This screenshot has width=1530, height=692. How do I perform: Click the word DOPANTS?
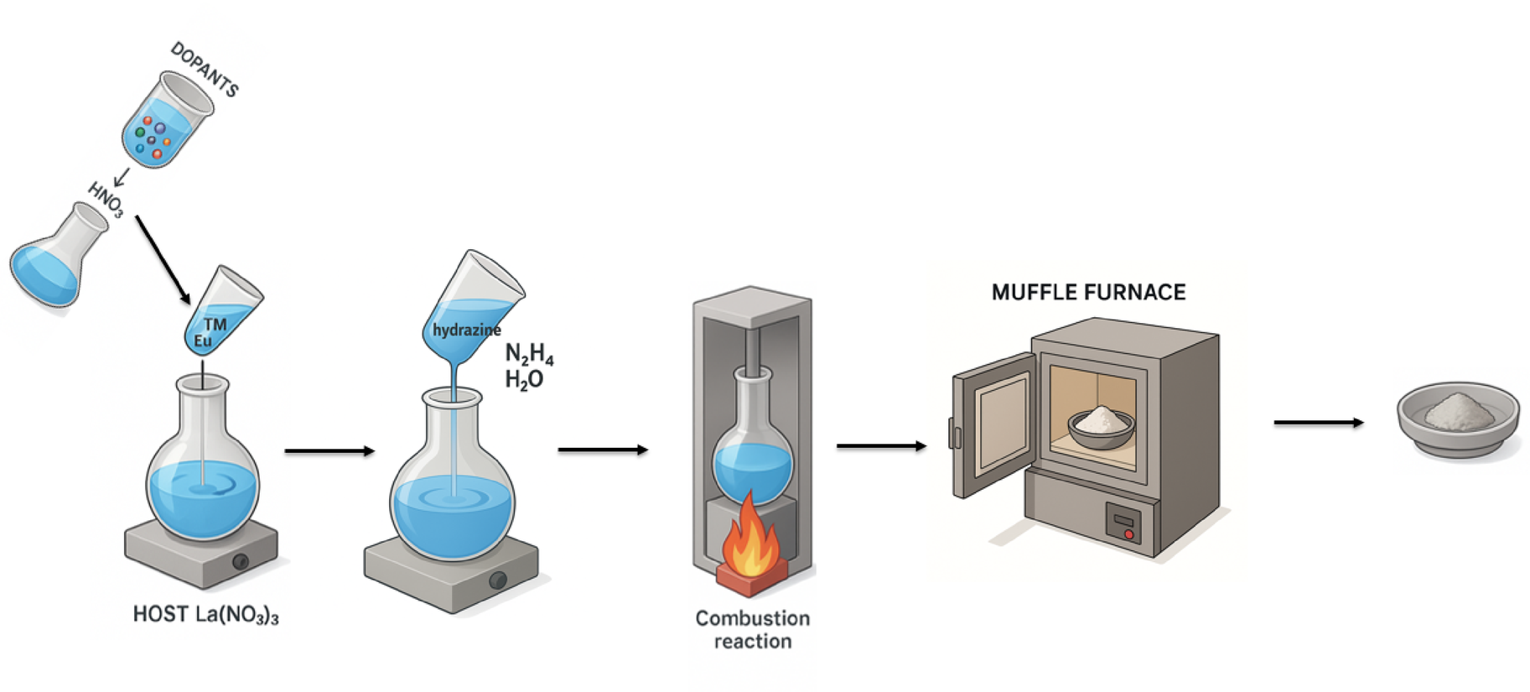[x=205, y=69]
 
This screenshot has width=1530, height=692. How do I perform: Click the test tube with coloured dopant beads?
[x=165, y=122]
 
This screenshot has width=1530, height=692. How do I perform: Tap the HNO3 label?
[x=106, y=200]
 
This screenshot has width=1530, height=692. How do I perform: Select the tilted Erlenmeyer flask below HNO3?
[x=55, y=260]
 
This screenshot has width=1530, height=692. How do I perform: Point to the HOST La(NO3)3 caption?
[x=205, y=615]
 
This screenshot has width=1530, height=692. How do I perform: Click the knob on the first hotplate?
[x=241, y=562]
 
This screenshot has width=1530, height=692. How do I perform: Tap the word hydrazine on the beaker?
[x=466, y=330]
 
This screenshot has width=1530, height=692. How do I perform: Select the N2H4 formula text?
[x=529, y=354]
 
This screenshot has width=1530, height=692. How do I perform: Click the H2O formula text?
[x=524, y=380]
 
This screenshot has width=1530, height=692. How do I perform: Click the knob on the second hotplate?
[x=498, y=580]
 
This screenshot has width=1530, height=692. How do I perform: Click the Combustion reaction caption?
[x=752, y=629]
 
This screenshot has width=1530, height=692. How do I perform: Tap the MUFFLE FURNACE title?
[x=1088, y=293]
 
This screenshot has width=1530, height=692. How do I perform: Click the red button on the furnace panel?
[x=1129, y=533]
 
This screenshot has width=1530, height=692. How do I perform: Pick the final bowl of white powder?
[x=1458, y=418]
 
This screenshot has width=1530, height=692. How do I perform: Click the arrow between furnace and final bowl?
[x=1318, y=423]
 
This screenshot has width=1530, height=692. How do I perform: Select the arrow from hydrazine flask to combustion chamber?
[x=602, y=450]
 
